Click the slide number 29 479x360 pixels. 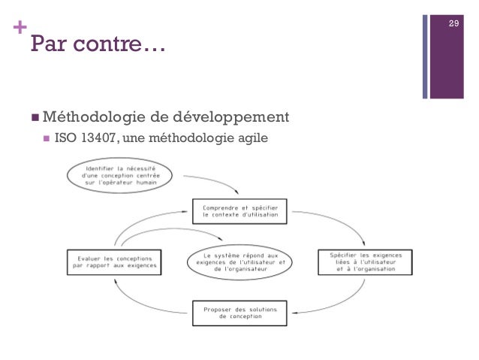(x=453, y=26)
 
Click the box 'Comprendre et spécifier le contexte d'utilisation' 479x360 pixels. (x=239, y=211)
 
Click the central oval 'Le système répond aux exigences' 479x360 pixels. (x=241, y=259)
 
